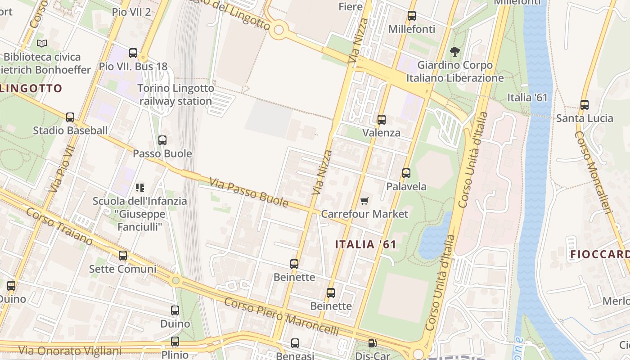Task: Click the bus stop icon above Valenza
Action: coord(382,119)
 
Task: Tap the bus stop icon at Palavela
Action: coord(406,173)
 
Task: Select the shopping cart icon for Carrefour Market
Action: coord(364,201)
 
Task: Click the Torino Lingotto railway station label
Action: coord(175,94)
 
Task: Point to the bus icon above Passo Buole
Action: coord(162,140)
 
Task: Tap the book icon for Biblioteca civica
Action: coord(42,44)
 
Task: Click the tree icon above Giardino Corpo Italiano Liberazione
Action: coord(455,52)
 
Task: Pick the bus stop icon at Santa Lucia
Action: coord(585,105)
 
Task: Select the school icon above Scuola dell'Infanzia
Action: coord(140,187)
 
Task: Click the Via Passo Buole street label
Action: coord(249,192)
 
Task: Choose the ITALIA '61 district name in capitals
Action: coord(366,244)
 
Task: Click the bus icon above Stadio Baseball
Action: coord(70,117)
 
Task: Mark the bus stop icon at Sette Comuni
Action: coord(123,256)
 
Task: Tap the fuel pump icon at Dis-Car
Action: coord(372,343)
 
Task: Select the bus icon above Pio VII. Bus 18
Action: coord(133,53)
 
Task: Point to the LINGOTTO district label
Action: coord(31,88)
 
